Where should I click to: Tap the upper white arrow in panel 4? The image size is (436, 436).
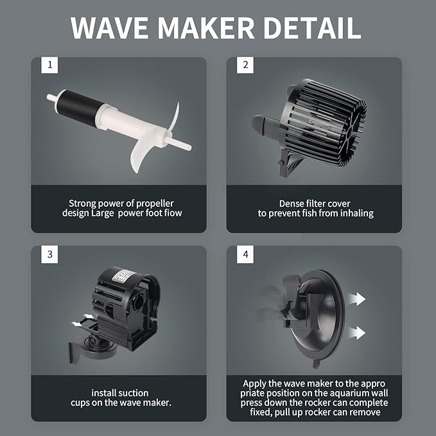click(355, 299)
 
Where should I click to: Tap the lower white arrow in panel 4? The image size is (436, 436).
click(355, 333)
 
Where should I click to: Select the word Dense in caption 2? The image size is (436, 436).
click(294, 202)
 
